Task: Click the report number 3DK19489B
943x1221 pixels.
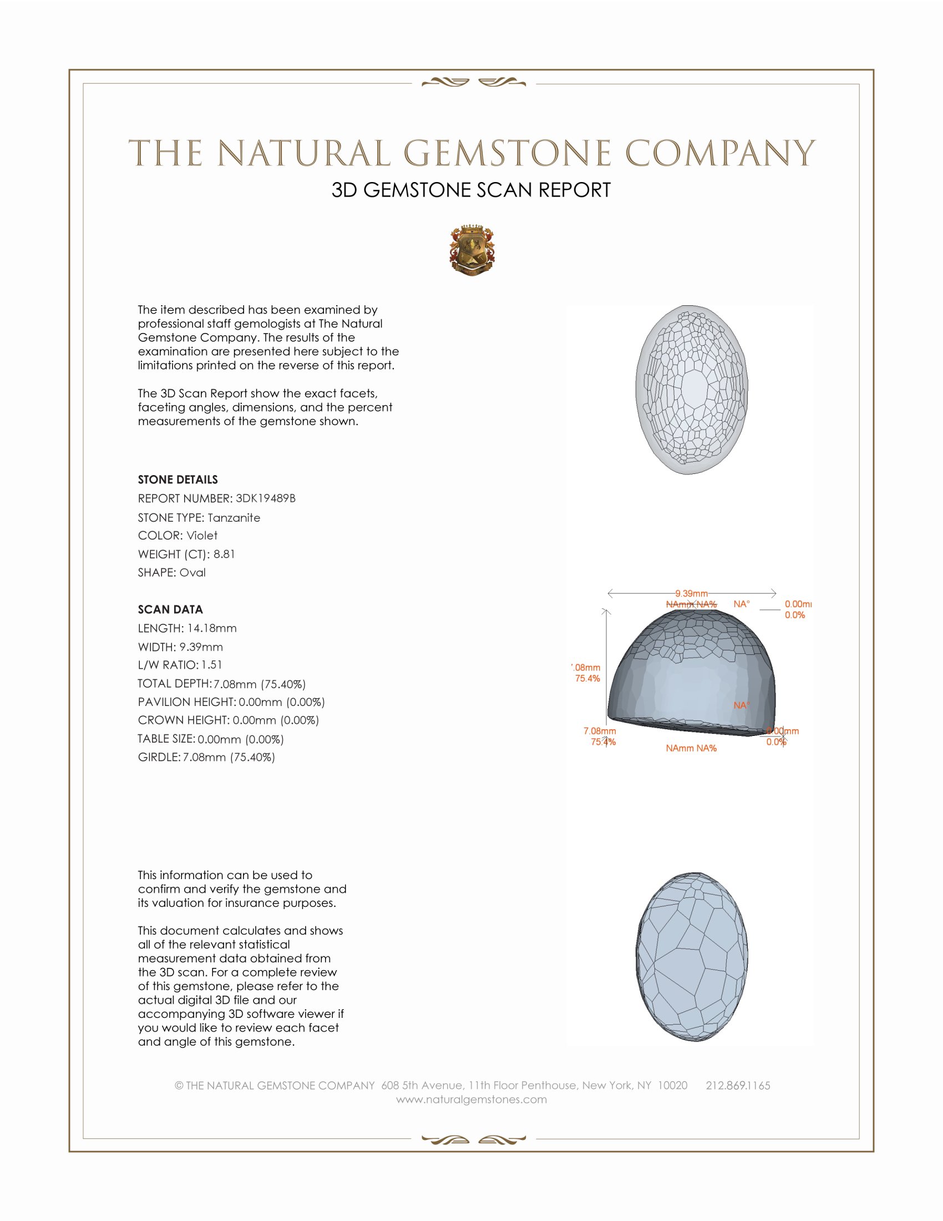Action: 265,498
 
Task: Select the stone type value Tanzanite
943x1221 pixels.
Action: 234,518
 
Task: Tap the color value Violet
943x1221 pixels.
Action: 202,536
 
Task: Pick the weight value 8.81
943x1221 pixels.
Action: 224,554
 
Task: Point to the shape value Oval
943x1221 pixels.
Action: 192,573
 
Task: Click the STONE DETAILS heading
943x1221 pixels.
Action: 178,480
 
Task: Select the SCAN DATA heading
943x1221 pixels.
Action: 170,609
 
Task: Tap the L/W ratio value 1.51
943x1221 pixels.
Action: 212,665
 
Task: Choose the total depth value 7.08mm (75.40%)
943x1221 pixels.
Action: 259,684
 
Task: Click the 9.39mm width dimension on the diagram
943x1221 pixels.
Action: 691,593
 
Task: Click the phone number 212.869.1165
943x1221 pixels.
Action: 737,1086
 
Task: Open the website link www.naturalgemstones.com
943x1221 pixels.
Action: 471,1099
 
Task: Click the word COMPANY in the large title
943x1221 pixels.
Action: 720,154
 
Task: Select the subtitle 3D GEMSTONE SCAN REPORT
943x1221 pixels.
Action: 471,190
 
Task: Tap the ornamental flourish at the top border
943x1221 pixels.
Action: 473,83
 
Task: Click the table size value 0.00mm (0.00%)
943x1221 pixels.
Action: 240,739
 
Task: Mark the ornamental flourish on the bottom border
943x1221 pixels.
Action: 473,1140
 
